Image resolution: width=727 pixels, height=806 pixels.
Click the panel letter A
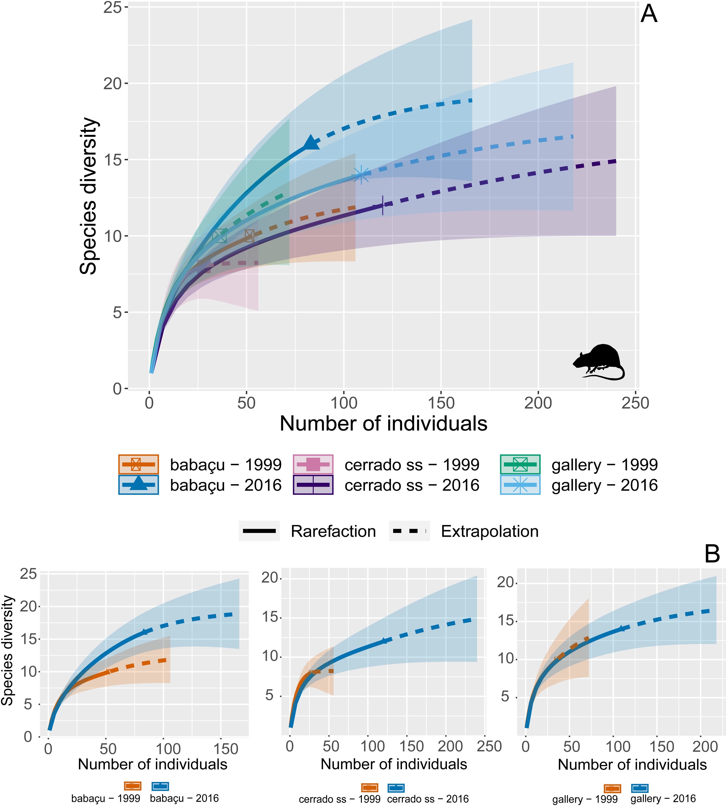[649, 15]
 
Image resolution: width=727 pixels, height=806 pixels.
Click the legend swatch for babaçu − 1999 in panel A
[139, 464]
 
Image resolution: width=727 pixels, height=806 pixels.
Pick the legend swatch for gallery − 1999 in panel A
[520, 464]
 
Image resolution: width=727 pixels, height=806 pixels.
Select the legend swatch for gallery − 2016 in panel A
[520, 485]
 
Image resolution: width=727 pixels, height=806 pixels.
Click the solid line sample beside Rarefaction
[259, 531]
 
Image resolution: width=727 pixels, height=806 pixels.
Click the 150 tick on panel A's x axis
[441, 403]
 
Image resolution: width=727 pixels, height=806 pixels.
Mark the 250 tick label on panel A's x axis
[635, 403]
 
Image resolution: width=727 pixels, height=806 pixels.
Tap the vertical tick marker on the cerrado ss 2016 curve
[383, 206]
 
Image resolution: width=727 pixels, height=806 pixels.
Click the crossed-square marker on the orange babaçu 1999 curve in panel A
[249, 236]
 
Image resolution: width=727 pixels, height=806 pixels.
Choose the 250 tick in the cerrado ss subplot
[489, 746]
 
